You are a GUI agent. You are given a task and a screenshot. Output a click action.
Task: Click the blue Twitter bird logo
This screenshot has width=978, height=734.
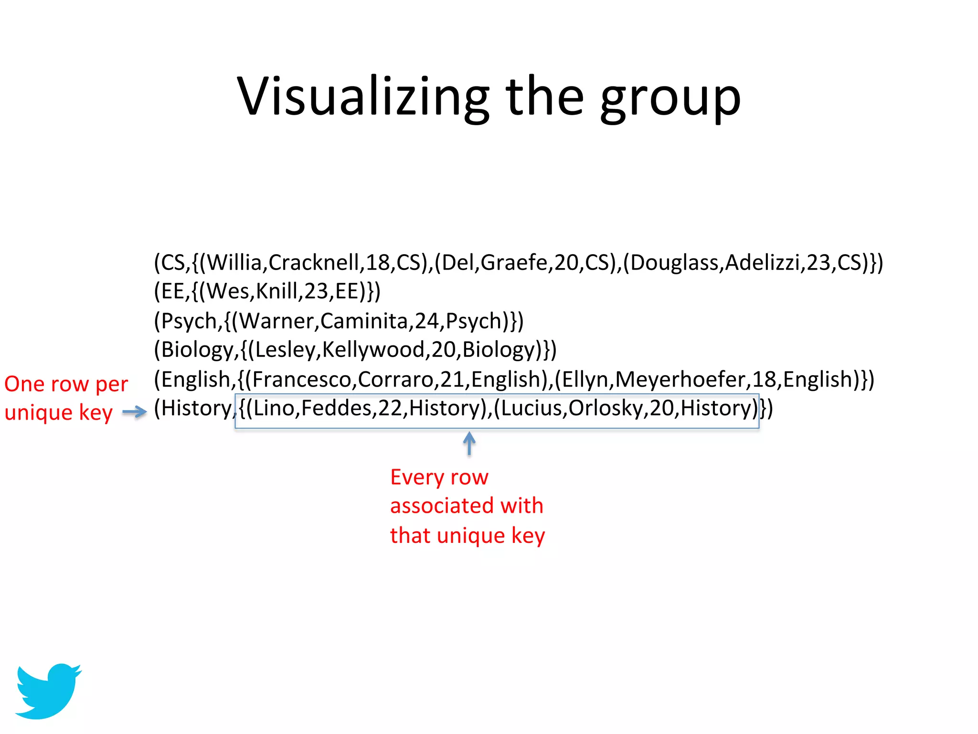coord(48,690)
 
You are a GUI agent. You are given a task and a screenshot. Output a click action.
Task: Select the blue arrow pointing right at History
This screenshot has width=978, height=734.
coord(135,412)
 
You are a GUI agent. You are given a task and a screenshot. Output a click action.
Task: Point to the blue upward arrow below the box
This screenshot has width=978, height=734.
coord(469,443)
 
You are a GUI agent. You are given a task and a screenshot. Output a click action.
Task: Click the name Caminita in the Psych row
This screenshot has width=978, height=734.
coord(363,321)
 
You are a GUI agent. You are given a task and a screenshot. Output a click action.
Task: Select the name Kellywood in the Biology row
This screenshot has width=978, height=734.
coord(373,350)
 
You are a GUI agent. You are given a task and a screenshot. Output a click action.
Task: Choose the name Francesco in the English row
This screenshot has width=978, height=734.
coord(302,379)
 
